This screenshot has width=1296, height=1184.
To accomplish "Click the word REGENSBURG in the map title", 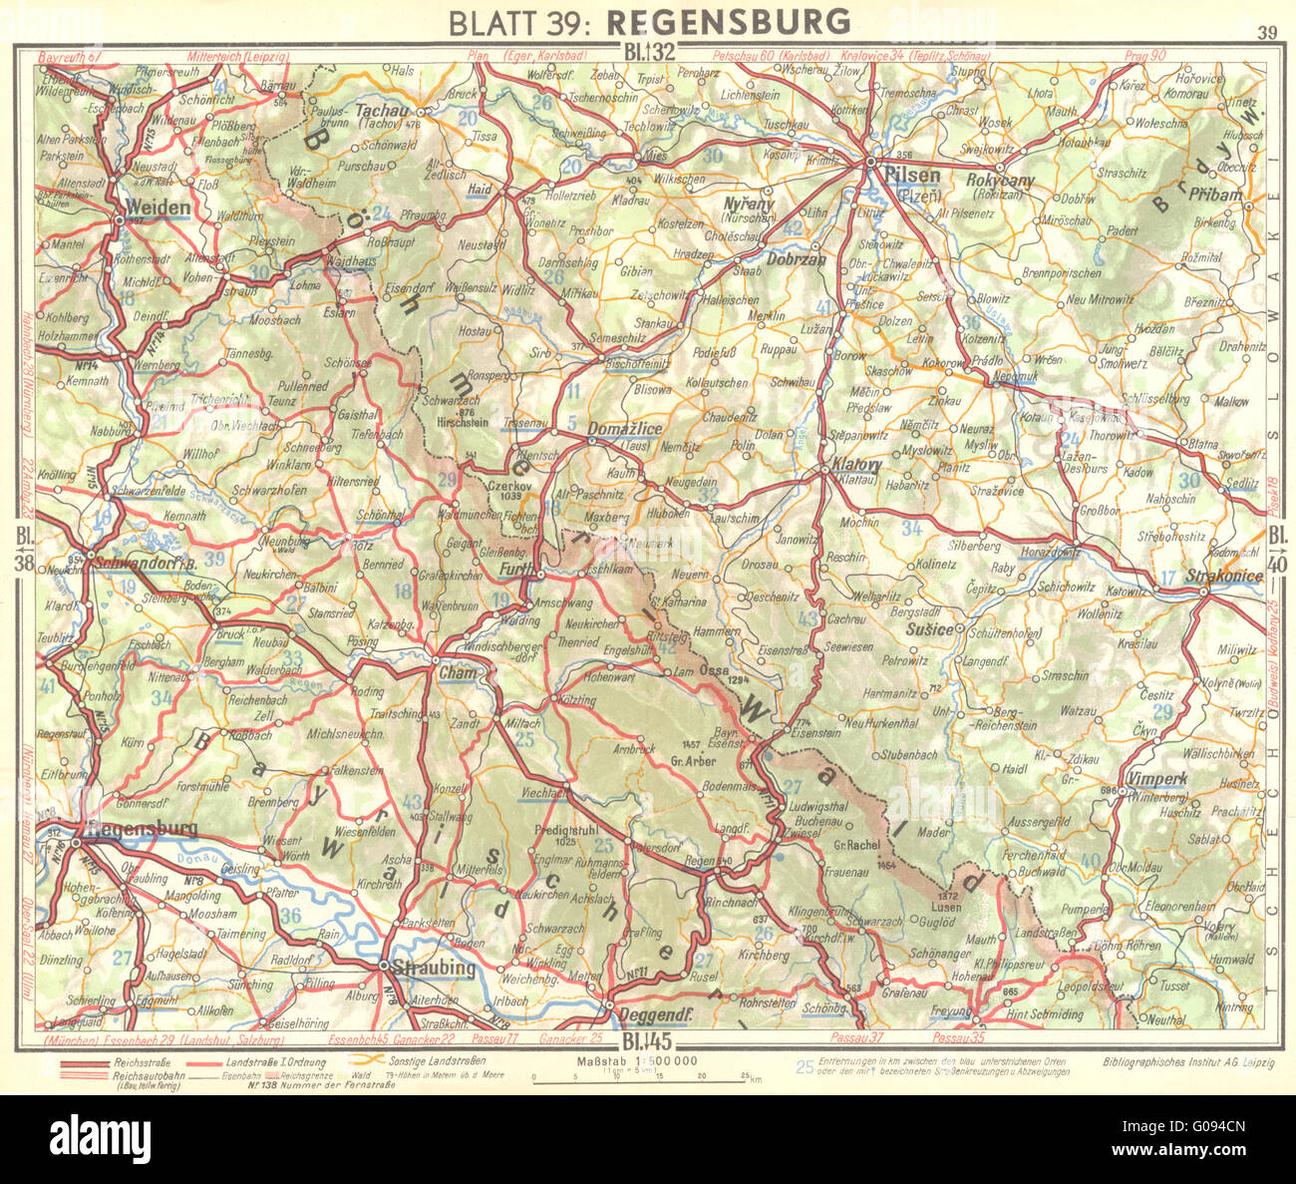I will tap(728, 21).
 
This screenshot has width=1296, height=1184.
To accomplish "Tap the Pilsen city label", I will tap(911, 176).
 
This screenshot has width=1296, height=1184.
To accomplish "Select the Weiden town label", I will tap(159, 207).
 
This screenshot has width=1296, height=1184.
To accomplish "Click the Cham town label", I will tap(458, 673).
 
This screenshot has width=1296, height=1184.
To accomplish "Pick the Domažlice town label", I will tap(625, 429).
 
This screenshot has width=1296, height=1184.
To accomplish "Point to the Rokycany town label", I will tap(1001, 181).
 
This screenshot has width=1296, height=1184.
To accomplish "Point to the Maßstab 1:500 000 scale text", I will tap(636, 1060).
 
